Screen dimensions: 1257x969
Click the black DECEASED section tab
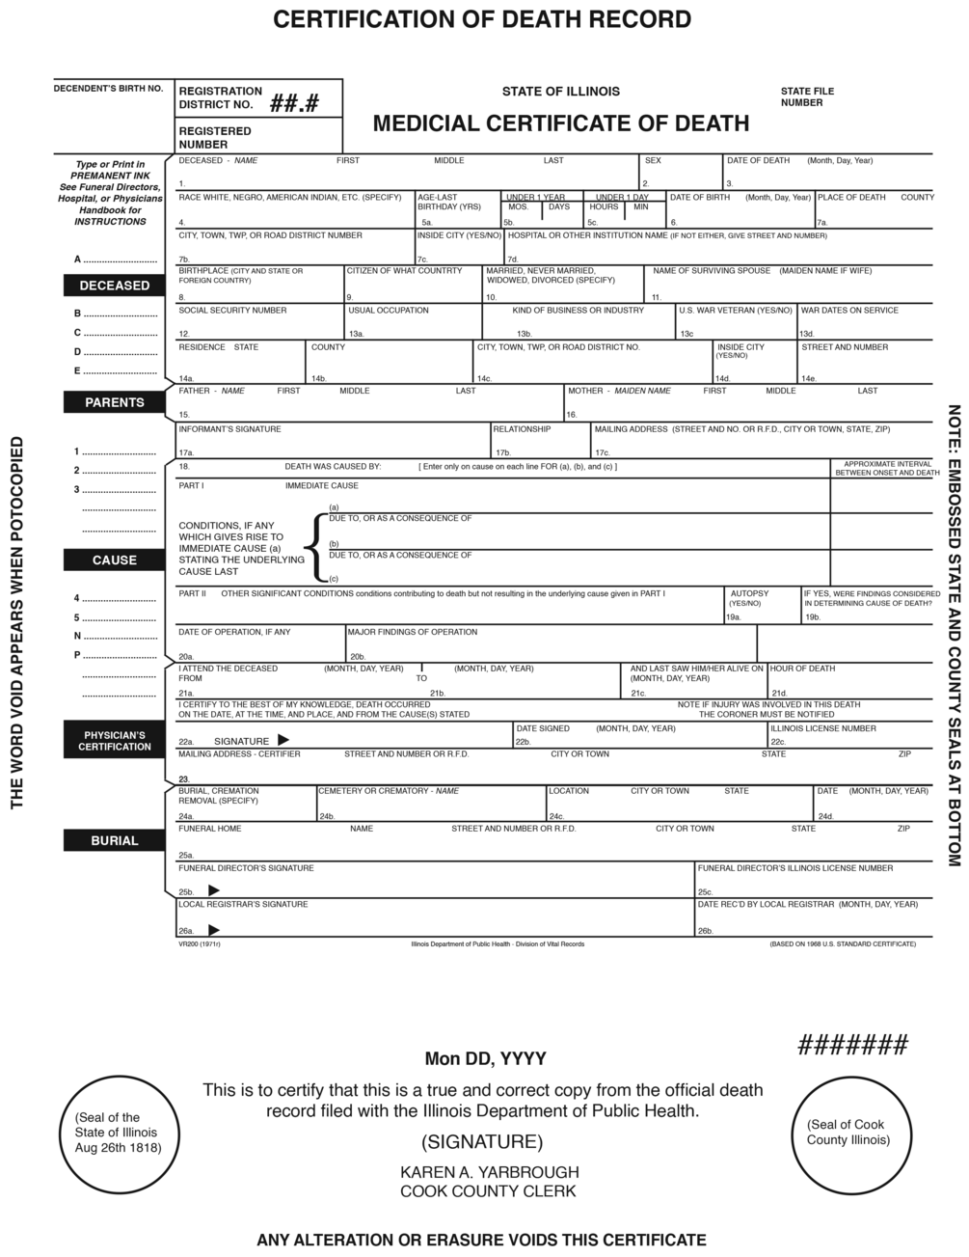[114, 286]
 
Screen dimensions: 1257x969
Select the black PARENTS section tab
[114, 402]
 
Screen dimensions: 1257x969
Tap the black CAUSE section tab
[114, 560]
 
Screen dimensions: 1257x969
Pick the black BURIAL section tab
[114, 840]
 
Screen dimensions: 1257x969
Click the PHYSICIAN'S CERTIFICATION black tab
[114, 740]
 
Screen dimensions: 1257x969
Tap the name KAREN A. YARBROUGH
[489, 1172]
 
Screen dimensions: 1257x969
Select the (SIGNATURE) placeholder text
[482, 1142]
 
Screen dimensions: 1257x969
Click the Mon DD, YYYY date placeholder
[486, 1058]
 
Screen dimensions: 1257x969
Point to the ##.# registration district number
[294, 103]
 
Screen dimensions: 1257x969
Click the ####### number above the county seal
[852, 1044]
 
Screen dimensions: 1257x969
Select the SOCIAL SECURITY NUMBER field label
[232, 311]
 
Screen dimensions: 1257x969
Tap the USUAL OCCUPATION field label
[389, 311]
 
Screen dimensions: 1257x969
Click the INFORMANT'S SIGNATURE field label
[229, 428]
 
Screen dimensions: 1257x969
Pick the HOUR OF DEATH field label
[802, 668]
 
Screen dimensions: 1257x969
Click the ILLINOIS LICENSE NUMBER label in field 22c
[822, 728]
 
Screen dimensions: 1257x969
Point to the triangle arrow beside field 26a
[213, 929]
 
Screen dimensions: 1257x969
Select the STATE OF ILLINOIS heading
[560, 92]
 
